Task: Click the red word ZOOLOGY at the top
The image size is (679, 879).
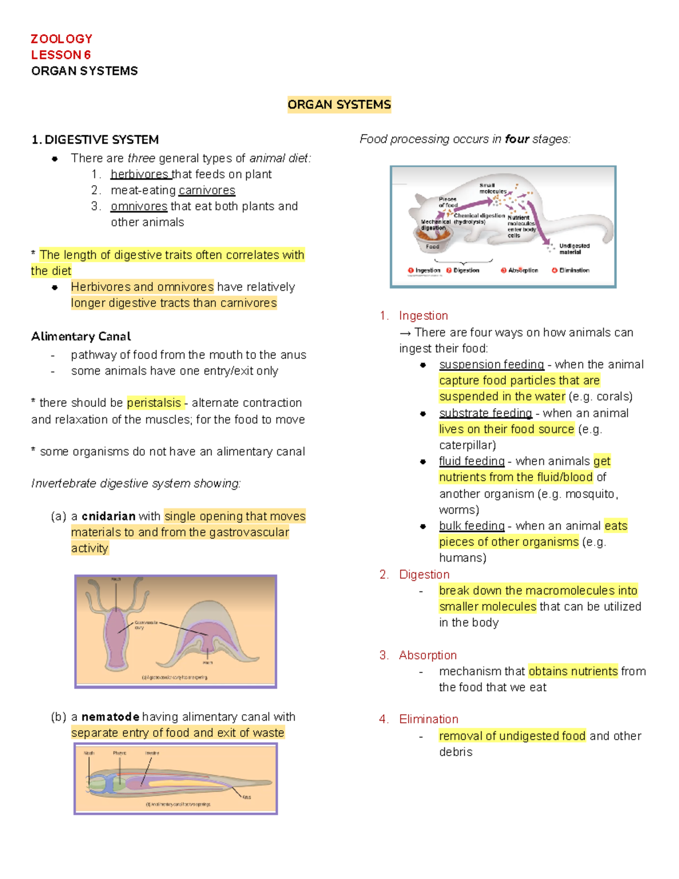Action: click(x=61, y=38)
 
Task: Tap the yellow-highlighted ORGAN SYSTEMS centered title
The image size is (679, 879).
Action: click(x=339, y=105)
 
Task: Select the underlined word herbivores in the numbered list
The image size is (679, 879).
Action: click(x=139, y=174)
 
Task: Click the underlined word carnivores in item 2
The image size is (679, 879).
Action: click(x=207, y=190)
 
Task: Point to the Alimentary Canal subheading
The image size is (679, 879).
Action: click(x=81, y=337)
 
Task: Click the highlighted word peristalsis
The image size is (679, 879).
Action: click(x=154, y=403)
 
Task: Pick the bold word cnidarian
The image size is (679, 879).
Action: click(x=108, y=516)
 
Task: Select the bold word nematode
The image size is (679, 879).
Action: click(x=110, y=717)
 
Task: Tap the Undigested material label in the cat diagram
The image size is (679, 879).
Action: click(x=574, y=249)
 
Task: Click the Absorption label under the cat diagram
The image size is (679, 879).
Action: click(x=522, y=271)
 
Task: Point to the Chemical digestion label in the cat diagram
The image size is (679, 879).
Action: click(x=479, y=216)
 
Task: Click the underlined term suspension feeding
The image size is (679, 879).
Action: click(x=491, y=365)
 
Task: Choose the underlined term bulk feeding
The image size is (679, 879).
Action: click(x=471, y=526)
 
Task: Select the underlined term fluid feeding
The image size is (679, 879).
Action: click(x=471, y=461)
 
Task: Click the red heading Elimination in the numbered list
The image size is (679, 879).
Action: click(x=428, y=719)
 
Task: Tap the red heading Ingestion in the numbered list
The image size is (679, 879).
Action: click(x=423, y=316)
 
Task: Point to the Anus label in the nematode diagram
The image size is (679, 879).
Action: click(x=247, y=797)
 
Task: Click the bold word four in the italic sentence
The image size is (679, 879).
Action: click(x=517, y=139)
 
